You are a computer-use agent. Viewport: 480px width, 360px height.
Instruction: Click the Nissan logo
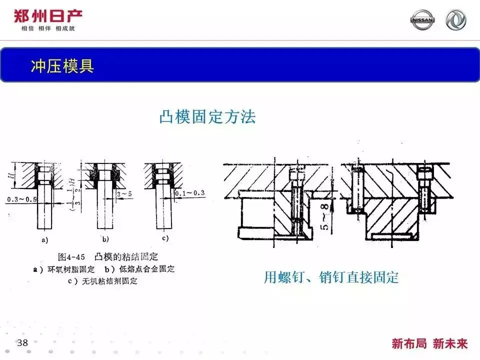(422, 19)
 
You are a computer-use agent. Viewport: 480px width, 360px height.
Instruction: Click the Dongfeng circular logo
(455, 19)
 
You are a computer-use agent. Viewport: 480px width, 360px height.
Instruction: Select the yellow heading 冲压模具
(62, 66)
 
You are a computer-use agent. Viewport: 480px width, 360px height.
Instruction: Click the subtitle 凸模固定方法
(207, 116)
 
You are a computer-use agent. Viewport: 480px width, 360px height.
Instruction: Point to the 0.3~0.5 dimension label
(21, 199)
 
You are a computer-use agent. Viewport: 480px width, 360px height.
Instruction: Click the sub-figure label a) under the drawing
(44, 239)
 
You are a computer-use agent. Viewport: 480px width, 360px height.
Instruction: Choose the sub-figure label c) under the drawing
(165, 238)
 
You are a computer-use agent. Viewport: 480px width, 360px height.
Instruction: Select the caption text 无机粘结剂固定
(109, 281)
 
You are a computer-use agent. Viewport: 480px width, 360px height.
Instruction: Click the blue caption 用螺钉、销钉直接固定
(331, 277)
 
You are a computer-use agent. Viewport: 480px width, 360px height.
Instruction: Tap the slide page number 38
(22, 342)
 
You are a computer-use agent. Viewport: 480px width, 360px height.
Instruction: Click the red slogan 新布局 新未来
(429, 343)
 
